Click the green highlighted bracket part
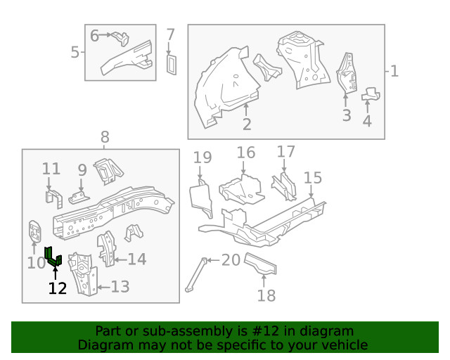[x=53, y=258]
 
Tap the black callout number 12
[x=57, y=288]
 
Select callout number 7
[x=170, y=35]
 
